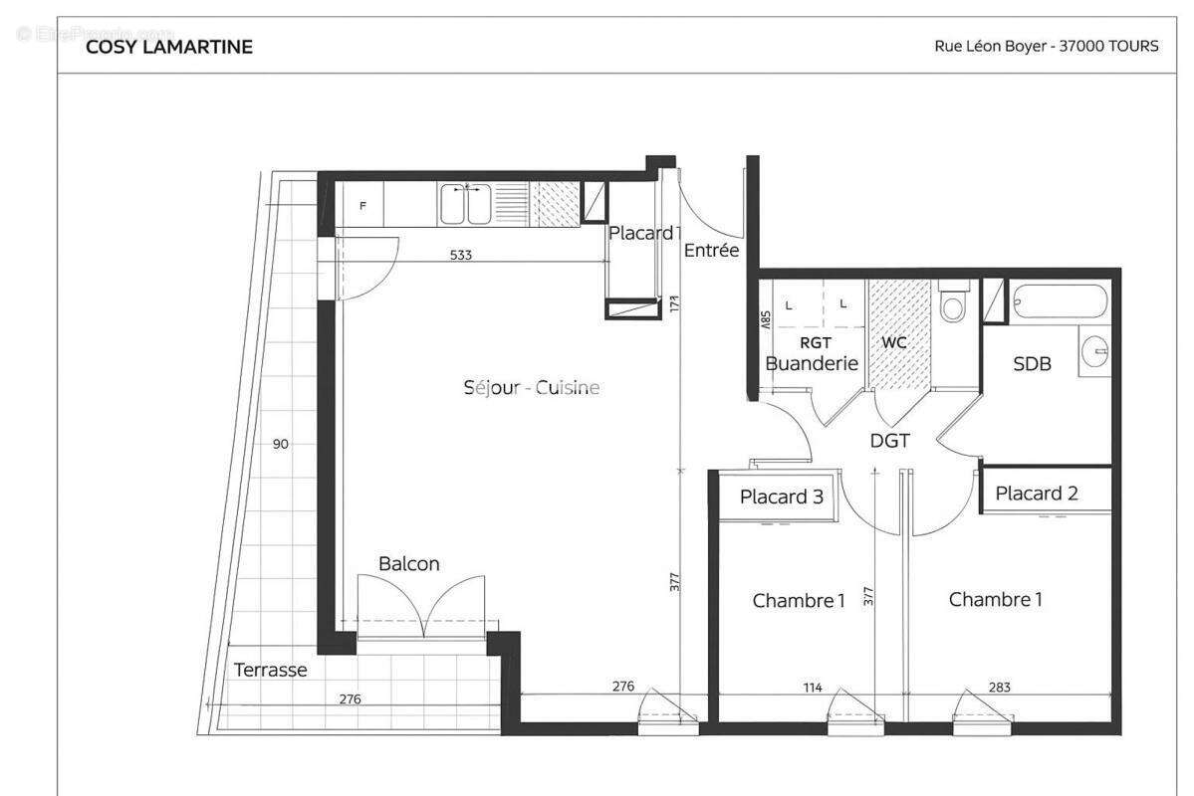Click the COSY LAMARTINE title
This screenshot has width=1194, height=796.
[169, 47]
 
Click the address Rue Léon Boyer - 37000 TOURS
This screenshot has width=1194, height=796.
[1046, 46]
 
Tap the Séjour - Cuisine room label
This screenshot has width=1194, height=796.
[532, 388]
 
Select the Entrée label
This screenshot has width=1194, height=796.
[711, 251]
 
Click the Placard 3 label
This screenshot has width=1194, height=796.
[781, 497]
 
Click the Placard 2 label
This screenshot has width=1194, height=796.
[1037, 494]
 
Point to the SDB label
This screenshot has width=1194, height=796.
[1032, 364]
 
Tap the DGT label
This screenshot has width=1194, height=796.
[889, 440]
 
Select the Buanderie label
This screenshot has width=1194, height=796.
[811, 363]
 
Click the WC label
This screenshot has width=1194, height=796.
[894, 342]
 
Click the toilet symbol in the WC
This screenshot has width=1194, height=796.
[952, 302]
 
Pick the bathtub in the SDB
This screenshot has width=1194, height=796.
[1059, 300]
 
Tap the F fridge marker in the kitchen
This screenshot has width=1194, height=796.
[362, 207]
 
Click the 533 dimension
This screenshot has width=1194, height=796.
[460, 255]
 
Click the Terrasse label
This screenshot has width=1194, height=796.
[270, 670]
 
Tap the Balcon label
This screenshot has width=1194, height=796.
[408, 564]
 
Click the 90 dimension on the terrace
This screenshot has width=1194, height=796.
[280, 444]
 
